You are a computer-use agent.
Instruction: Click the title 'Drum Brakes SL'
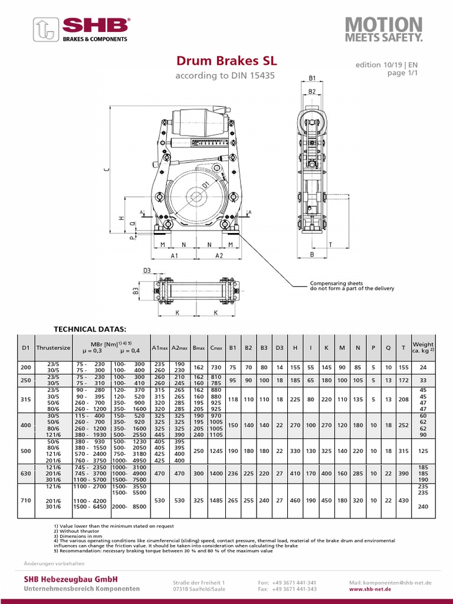(226, 61)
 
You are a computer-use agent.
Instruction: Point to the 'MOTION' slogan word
(383, 25)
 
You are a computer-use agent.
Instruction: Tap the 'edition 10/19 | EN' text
(386, 64)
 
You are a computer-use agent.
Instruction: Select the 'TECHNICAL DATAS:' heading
(90, 329)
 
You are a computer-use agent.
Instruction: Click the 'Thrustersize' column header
(53, 348)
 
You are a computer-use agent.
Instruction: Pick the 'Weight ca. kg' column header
(423, 348)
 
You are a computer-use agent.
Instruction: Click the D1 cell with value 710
(26, 500)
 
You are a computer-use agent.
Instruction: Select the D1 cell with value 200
(26, 367)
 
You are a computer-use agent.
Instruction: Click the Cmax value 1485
(216, 500)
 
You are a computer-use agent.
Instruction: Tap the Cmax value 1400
(216, 473)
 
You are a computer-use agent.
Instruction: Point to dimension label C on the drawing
(106, 169)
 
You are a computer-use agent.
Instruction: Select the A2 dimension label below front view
(219, 256)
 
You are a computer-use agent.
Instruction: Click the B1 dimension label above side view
(313, 78)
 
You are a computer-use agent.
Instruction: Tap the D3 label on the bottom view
(147, 271)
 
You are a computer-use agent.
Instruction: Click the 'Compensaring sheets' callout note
(337, 284)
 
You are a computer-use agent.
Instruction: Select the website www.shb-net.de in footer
(390, 589)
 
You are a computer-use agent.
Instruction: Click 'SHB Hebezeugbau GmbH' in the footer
(71, 579)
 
